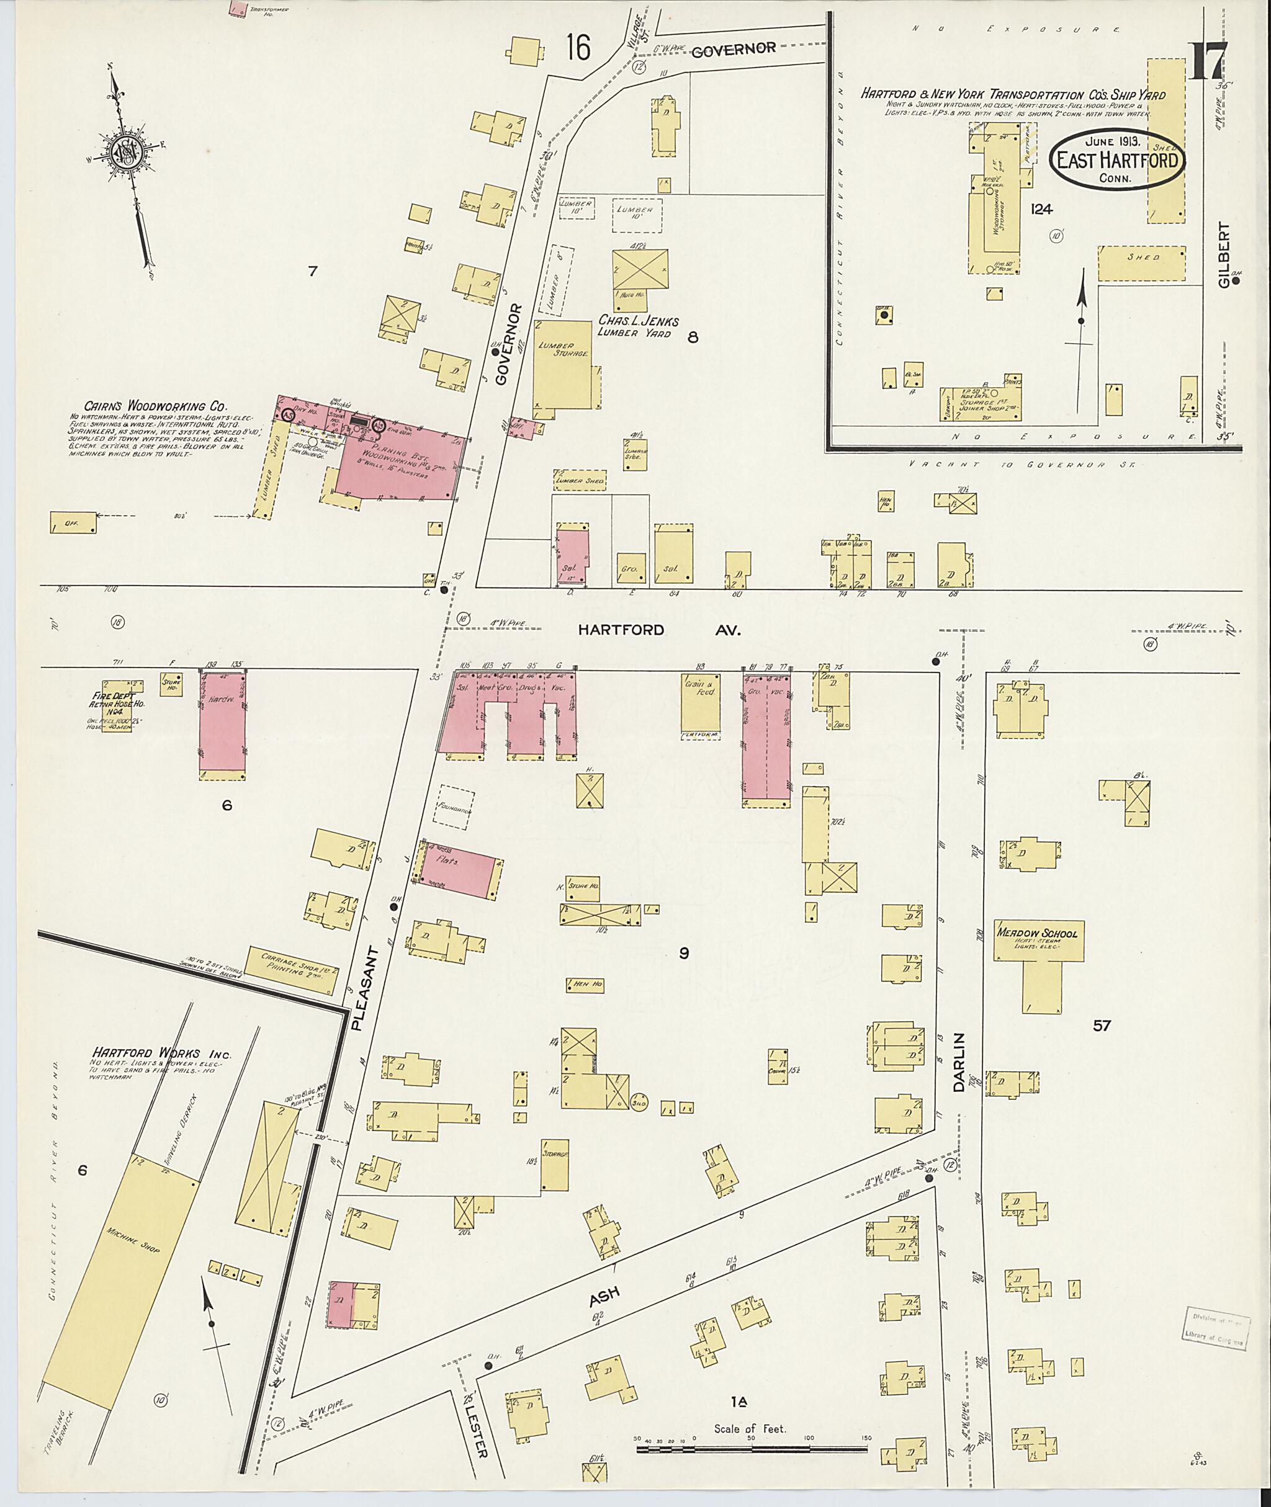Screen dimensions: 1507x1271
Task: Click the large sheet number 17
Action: [x=1208, y=61]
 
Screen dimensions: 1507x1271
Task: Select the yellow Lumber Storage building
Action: [x=564, y=368]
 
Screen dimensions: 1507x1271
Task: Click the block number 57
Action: [x=1101, y=1026]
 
